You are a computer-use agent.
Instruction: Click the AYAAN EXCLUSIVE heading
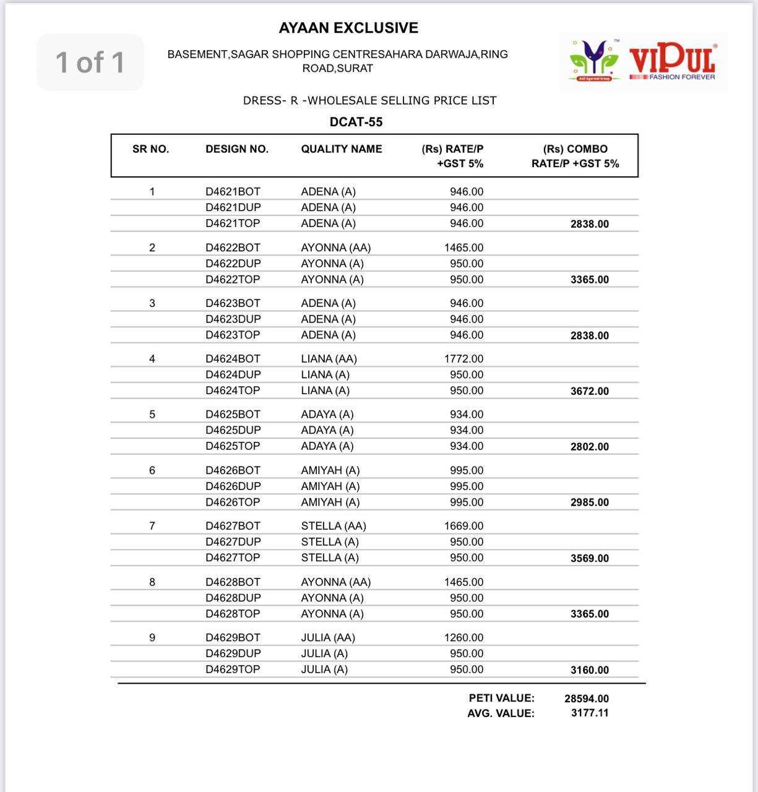click(x=348, y=28)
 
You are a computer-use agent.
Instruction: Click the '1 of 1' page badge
click(x=90, y=62)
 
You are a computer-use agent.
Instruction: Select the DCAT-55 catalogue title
click(x=356, y=122)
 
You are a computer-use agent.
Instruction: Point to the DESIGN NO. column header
click(x=237, y=149)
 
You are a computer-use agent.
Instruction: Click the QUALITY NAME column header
click(x=342, y=149)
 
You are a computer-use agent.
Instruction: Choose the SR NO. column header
click(x=150, y=149)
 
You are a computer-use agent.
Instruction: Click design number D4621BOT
click(x=233, y=192)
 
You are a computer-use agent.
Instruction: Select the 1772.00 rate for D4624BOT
click(x=463, y=359)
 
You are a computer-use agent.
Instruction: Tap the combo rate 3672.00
click(x=589, y=391)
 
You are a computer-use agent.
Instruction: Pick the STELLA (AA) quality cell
click(x=334, y=526)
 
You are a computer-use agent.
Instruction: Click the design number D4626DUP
click(x=233, y=486)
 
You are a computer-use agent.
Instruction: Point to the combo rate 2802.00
click(x=589, y=447)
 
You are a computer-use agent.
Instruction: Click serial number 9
click(x=152, y=638)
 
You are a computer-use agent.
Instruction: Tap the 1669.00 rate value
click(x=463, y=526)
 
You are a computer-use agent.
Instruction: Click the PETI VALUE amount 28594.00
click(x=586, y=699)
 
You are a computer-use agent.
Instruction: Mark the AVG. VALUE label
click(x=501, y=713)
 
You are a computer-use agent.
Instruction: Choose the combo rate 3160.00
click(x=589, y=670)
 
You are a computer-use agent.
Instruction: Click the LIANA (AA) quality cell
click(x=329, y=359)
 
